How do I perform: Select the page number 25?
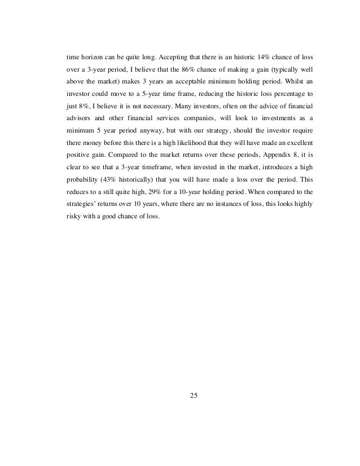[x=194, y=394]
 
